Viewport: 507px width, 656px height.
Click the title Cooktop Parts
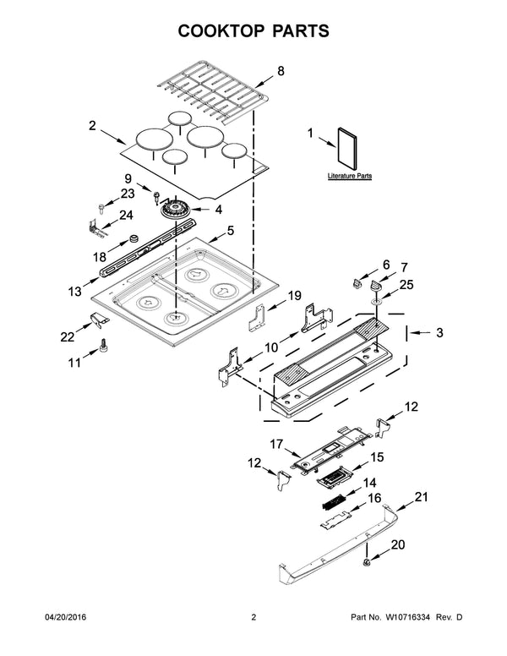(253, 31)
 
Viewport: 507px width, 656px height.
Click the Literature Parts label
(350, 177)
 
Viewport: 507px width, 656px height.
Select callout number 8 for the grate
(281, 73)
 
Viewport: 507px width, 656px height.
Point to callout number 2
(92, 126)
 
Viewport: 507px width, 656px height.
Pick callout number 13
(75, 291)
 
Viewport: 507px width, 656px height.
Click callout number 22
(67, 337)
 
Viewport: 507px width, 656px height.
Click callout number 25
(406, 285)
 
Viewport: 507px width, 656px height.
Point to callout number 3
(439, 332)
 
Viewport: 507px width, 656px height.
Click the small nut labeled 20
(367, 562)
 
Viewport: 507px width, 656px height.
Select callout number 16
(373, 500)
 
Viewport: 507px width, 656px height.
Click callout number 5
(230, 229)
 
